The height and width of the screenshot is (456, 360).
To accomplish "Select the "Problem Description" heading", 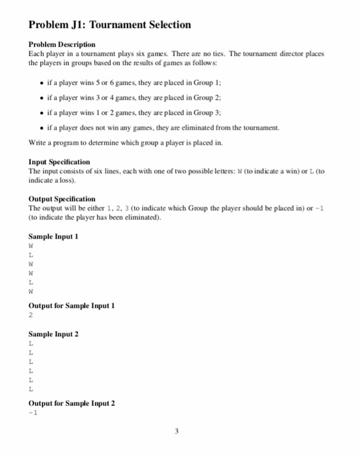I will point(62,44).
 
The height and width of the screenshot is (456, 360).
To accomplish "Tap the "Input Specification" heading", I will point(60,161).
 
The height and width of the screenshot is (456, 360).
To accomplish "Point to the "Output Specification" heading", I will point(62,198).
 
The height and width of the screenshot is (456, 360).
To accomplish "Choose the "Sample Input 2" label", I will point(54,334).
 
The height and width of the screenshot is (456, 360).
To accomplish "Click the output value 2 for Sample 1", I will point(31,315).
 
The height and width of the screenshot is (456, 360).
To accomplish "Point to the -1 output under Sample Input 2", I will point(33,412).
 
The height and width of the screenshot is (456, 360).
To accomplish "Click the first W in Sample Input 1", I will point(31,246).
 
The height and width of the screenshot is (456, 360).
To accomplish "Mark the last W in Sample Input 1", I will point(31,292).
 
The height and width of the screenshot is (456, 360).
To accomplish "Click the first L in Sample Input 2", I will point(31,343).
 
